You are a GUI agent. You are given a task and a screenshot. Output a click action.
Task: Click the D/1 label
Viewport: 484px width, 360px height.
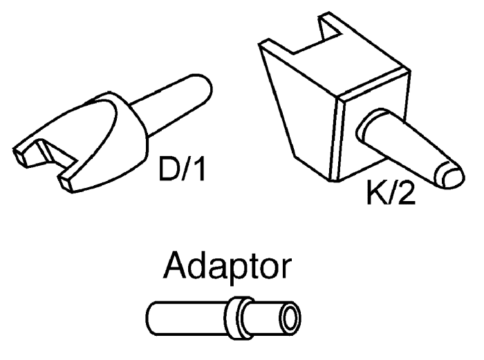[181, 169]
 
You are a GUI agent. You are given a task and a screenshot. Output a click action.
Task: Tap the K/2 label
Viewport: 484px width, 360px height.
[391, 192]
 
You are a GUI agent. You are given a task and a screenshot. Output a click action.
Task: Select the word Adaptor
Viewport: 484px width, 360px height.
[227, 267]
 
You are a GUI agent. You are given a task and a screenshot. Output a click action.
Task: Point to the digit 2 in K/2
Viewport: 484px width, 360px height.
[405, 192]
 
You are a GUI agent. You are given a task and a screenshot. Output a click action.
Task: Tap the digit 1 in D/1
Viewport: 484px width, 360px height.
[199, 169]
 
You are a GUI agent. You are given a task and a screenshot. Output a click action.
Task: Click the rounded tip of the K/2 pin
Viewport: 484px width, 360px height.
[450, 176]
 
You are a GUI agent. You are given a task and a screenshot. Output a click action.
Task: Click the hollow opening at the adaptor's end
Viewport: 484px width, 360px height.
[290, 318]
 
